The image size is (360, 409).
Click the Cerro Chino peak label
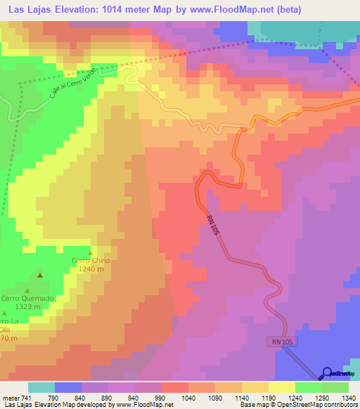pyautogui.click(x=91, y=261)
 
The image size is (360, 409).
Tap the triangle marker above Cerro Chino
pyautogui.click(x=90, y=252)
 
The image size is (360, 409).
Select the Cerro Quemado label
pyautogui.click(x=27, y=298)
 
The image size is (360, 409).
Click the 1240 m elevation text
pyautogui.click(x=91, y=269)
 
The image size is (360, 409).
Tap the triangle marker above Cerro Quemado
pyautogui.click(x=27, y=290)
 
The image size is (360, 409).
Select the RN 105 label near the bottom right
pyautogui.click(x=280, y=342)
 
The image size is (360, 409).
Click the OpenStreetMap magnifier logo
pyautogui.click(x=328, y=373)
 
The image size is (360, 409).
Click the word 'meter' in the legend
pyautogui.click(x=10, y=397)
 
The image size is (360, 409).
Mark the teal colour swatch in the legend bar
pyautogui.click(x=41, y=387)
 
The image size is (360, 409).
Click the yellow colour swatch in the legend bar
pyautogui.click(x=282, y=387)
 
